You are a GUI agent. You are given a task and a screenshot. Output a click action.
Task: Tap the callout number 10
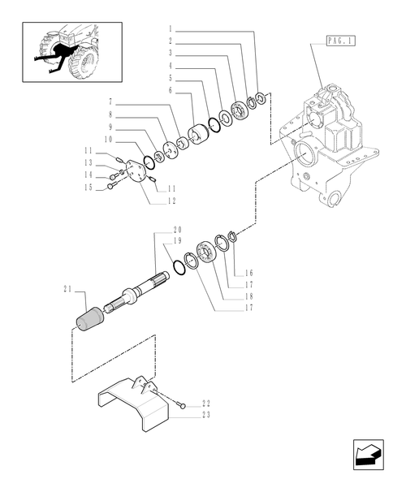(109, 138)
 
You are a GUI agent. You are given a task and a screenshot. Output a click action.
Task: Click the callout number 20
(177, 231)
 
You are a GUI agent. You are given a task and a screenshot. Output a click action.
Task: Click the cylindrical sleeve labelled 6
(199, 134)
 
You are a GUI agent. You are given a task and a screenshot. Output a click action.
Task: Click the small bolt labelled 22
(184, 404)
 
